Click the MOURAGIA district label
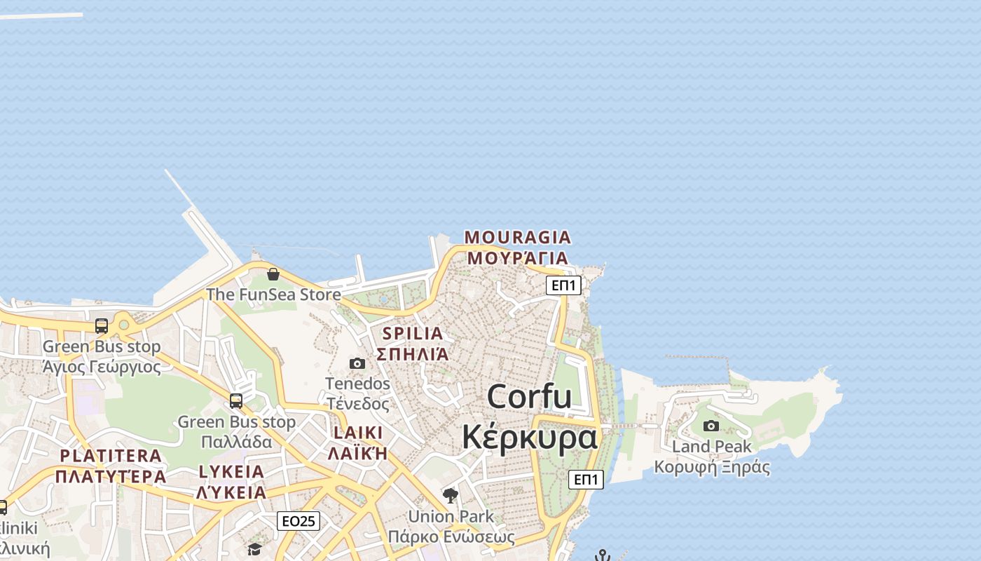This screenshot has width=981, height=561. (518, 237)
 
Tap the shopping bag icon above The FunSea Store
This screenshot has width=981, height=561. (273, 273)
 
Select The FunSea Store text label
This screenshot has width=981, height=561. (273, 295)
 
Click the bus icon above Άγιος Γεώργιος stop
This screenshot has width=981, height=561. (102, 326)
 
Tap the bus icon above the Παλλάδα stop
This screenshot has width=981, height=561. (236, 401)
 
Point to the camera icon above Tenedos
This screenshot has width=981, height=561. (357, 363)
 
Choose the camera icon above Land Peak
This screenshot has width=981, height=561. (711, 426)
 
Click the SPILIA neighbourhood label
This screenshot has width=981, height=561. (413, 334)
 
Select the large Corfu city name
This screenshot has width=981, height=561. (530, 397)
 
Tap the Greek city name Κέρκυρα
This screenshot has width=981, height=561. (530, 437)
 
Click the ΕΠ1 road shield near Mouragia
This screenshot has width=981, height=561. (563, 285)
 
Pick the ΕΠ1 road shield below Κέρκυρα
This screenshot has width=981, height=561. (586, 480)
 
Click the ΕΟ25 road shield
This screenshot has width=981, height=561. (299, 521)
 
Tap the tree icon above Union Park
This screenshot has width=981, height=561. (451, 496)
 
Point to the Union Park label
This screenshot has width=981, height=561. (451, 517)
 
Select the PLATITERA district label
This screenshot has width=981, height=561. (111, 456)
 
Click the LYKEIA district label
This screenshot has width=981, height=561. (231, 471)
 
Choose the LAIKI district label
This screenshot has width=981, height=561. (358, 433)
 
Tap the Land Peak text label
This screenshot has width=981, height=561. (711, 447)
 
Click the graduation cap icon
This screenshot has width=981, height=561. (254, 549)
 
